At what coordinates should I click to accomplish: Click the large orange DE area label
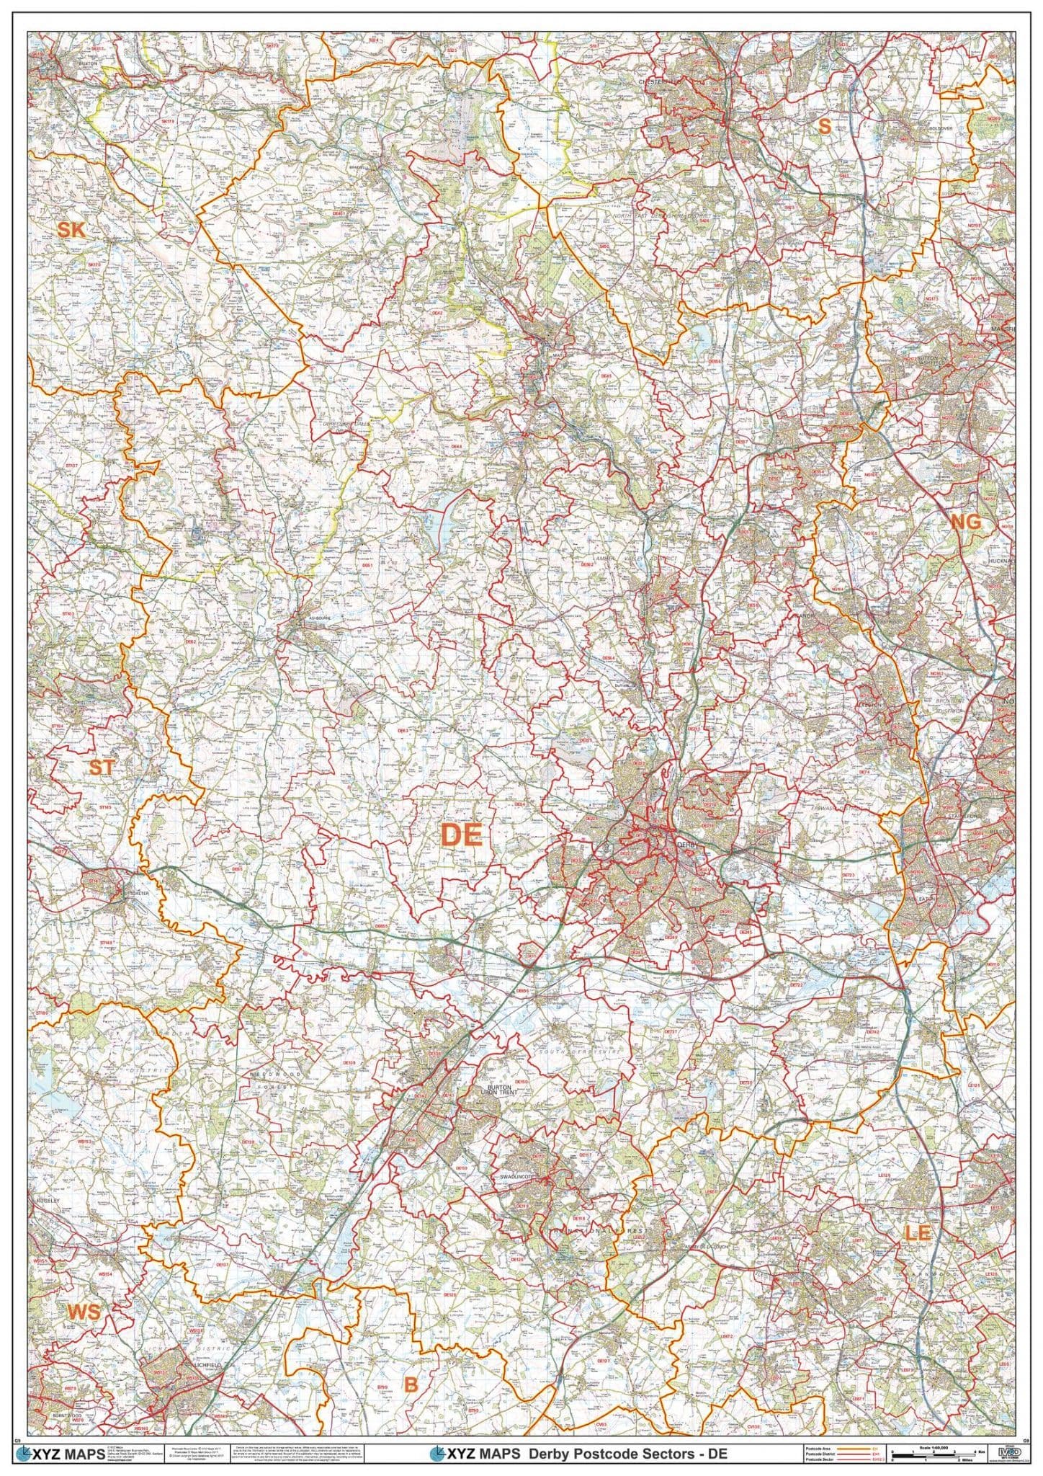[x=461, y=835]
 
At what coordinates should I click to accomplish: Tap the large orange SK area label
[x=71, y=230]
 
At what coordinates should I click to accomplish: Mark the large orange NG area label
[x=966, y=523]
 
